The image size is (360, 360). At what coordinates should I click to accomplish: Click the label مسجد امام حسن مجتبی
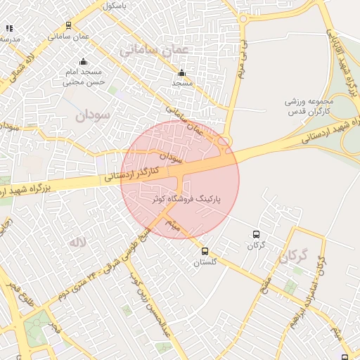(84, 77)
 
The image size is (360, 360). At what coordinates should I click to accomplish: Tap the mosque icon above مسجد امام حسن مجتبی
(84, 62)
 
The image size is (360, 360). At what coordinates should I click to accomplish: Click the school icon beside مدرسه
(10, 28)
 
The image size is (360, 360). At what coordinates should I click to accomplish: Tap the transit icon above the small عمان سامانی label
(68, 25)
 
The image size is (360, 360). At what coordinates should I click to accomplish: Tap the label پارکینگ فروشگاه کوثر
(186, 200)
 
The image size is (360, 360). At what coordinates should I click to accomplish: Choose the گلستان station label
(206, 262)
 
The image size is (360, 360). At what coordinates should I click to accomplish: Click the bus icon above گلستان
(205, 251)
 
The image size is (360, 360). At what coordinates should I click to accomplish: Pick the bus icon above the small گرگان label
(255, 234)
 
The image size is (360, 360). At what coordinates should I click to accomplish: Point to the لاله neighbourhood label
(77, 242)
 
